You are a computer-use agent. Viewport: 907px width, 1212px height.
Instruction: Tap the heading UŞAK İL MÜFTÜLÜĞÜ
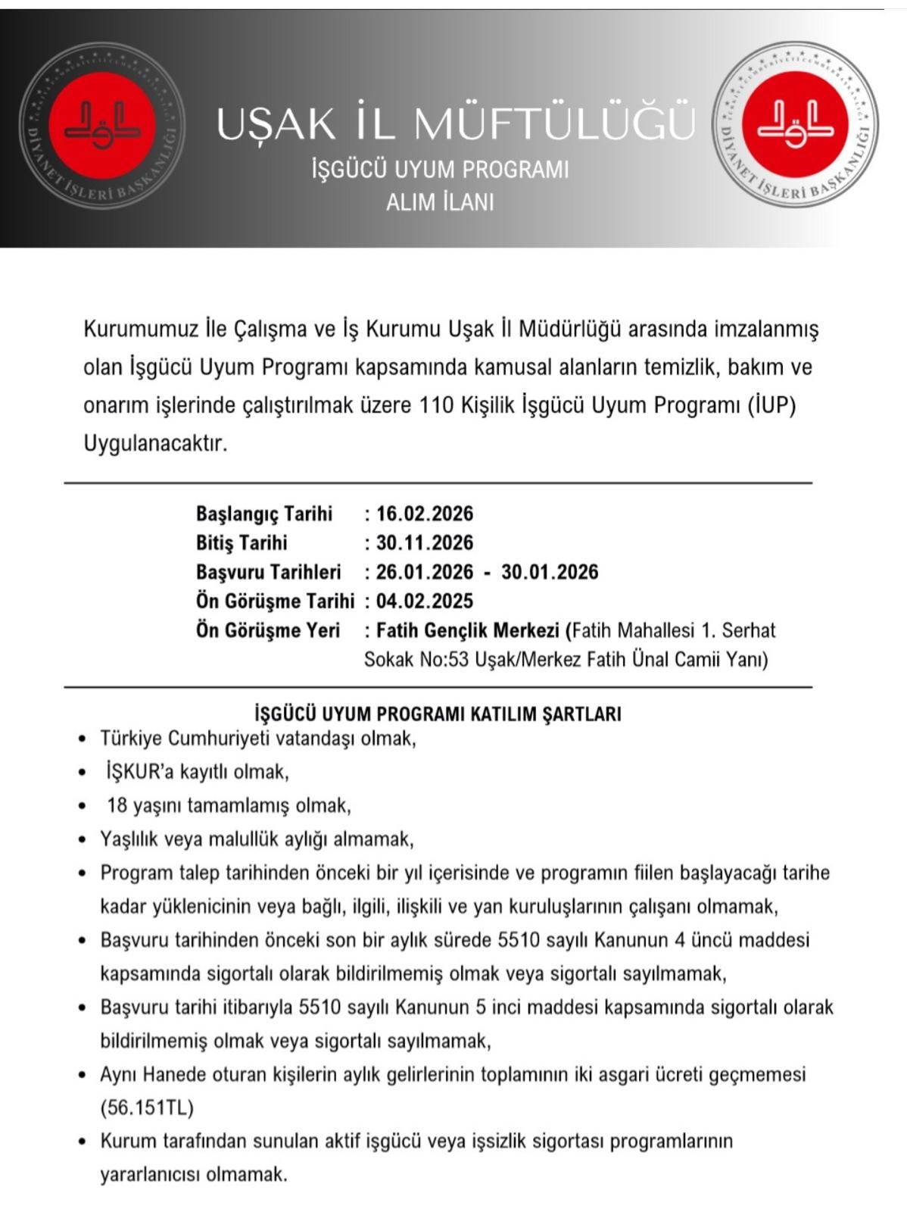pos(455,123)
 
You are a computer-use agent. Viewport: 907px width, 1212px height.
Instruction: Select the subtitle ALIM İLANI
pos(440,202)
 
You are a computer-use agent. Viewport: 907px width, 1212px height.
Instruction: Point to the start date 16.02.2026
pos(424,514)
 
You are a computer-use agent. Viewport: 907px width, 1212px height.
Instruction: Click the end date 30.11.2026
pos(424,542)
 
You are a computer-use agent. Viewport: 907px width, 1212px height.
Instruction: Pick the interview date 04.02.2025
pos(424,601)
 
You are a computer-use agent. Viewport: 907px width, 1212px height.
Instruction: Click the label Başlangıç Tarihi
pos(263,514)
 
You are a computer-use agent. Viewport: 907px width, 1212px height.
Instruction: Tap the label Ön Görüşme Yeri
pos(267,630)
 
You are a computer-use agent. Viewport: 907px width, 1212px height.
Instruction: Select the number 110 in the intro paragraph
pos(437,405)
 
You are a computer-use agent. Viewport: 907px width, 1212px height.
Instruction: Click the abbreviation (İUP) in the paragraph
pos(771,405)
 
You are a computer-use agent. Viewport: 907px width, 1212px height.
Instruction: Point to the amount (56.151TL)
pos(147,1107)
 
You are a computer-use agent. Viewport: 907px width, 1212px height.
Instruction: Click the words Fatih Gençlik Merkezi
pos(467,630)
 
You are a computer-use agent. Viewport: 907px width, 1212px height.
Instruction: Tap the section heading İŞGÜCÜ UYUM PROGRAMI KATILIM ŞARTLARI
pos(438,714)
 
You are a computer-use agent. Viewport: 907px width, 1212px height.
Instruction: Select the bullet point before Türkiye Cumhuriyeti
pos(83,739)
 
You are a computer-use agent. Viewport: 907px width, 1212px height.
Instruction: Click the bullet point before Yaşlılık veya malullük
pos(83,839)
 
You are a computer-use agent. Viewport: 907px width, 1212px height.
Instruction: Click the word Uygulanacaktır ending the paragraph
pos(155,443)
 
